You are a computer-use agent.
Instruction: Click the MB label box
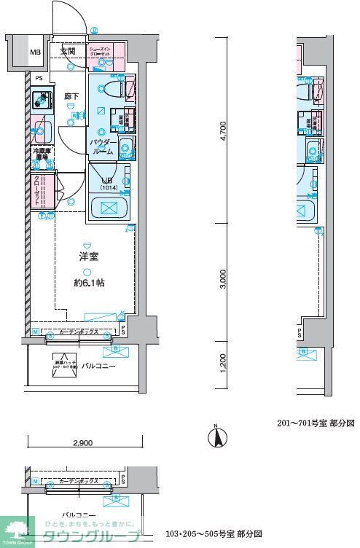(35, 52)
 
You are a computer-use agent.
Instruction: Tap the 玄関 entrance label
(68, 51)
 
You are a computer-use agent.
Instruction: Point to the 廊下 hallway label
(71, 95)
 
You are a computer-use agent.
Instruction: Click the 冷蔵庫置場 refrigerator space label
(41, 154)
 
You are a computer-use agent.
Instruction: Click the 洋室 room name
(90, 257)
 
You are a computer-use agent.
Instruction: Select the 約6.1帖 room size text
(90, 282)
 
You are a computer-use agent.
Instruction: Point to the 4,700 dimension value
(223, 130)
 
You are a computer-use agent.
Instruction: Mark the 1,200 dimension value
(223, 361)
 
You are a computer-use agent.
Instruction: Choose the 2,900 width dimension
(83, 443)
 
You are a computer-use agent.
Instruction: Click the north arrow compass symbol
(216, 438)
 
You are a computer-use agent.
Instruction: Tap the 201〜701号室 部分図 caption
(316, 423)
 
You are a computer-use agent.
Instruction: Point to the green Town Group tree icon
(17, 528)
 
